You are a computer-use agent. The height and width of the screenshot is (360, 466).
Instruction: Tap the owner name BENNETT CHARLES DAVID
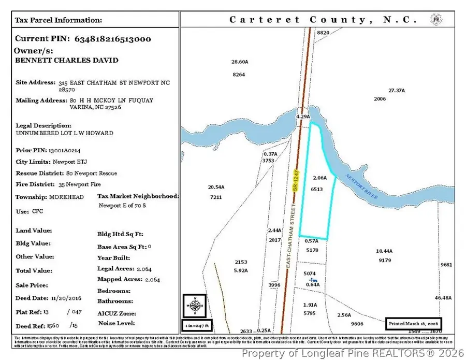point(67,61)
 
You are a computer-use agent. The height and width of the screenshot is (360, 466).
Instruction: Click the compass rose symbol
point(194,306)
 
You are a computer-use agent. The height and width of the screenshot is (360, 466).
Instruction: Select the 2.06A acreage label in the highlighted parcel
point(320,178)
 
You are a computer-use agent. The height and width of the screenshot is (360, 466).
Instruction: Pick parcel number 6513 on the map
point(317,189)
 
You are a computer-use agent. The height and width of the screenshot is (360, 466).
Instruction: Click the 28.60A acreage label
point(240,62)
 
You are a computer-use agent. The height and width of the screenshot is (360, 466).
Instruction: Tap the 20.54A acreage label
point(216,187)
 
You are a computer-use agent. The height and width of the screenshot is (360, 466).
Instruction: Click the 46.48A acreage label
point(443,298)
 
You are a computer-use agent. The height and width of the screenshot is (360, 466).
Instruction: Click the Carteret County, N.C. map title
point(323,20)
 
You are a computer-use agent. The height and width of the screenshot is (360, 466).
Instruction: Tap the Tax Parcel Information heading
point(59,20)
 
